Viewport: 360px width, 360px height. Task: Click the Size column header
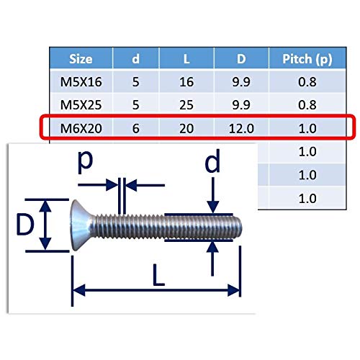(x=81, y=59)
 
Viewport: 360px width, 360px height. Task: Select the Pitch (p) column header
(x=307, y=59)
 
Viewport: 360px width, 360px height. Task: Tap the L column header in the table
(x=186, y=59)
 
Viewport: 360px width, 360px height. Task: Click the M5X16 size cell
(x=81, y=82)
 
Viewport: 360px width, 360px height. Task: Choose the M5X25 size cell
(x=81, y=105)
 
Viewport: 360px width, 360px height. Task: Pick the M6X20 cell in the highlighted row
(x=81, y=128)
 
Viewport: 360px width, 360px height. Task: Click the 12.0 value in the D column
(x=241, y=128)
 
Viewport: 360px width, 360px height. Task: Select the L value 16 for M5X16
(x=186, y=82)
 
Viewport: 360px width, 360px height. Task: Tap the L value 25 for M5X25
(x=186, y=105)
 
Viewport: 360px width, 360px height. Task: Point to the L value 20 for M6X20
(x=186, y=128)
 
